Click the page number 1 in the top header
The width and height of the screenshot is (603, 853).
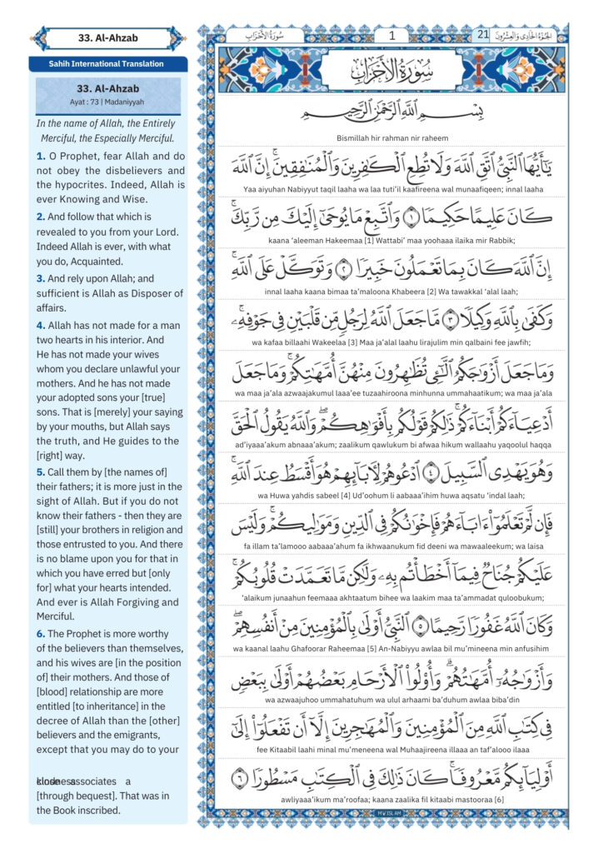point(392,35)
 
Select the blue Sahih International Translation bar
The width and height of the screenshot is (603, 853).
point(107,63)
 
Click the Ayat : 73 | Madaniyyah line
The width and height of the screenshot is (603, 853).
point(107,102)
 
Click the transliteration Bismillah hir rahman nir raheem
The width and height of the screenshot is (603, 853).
point(392,137)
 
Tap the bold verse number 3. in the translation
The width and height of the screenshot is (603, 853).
point(41,278)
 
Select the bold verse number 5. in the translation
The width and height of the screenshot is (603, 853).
point(41,474)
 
